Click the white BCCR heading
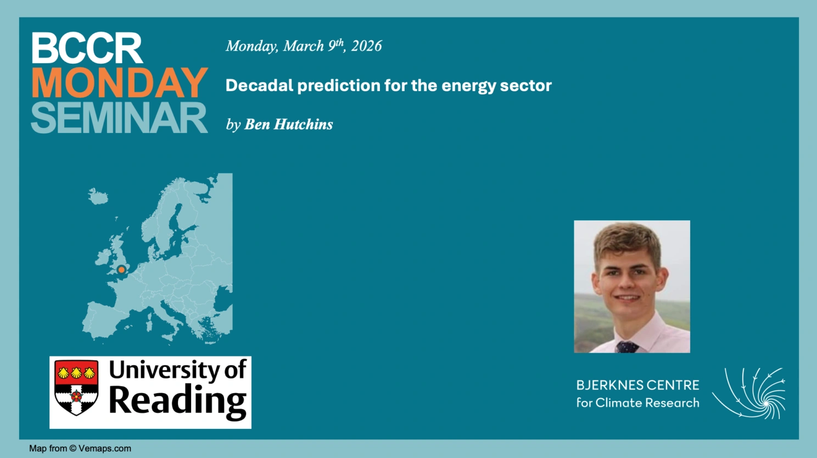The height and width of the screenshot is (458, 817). (x=87, y=48)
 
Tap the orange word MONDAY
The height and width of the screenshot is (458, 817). (x=120, y=83)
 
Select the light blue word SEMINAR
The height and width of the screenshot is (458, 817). (x=119, y=118)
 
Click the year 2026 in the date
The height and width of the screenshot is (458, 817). (x=366, y=46)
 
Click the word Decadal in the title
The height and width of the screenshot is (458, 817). (x=259, y=86)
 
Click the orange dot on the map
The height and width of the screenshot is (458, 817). (x=121, y=270)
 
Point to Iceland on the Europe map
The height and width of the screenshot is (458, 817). (x=98, y=196)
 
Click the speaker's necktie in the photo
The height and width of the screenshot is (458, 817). (x=627, y=347)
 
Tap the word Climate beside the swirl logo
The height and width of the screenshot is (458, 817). (x=619, y=403)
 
